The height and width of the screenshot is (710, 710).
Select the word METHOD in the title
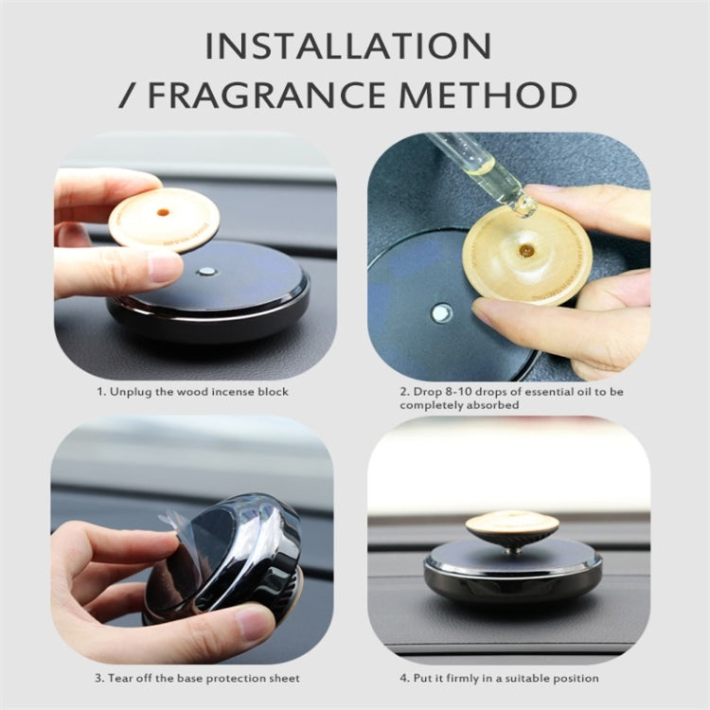tap(498, 95)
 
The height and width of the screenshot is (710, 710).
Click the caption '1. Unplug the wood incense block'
tap(193, 391)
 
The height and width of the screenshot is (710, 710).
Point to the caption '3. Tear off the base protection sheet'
tap(196, 678)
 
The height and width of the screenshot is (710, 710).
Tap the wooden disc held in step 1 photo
tap(164, 219)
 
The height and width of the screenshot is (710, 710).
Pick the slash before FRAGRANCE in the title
tap(129, 95)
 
